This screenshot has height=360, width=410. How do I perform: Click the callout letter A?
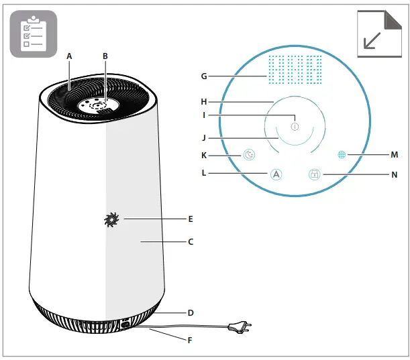pos(69,57)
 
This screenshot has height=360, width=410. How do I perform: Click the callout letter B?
pos(105,57)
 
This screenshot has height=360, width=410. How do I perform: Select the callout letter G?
pos(203,76)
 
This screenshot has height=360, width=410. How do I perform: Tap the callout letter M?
pos(394,154)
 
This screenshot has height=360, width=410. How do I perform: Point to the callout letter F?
pos(190,340)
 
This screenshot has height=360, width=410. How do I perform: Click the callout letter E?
pos(191,219)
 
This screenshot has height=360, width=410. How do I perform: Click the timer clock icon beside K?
pos(249,155)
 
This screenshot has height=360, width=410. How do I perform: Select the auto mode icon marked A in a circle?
pos(276,174)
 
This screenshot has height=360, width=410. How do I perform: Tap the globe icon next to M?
pos(342,154)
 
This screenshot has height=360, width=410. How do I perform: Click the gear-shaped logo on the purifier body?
pos(111,219)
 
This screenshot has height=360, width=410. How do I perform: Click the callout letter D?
pos(191,312)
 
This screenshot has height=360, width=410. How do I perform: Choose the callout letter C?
pos(191,241)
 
